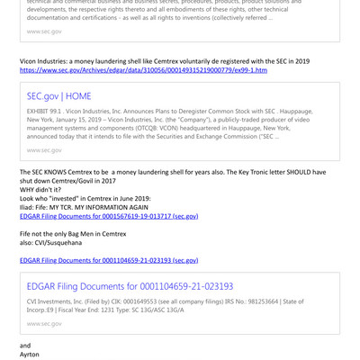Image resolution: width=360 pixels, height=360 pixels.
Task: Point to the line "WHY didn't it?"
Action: click(40, 190)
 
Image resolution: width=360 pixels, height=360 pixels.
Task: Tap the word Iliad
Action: click(28, 208)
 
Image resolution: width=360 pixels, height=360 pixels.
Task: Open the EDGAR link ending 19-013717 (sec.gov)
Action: click(109, 217)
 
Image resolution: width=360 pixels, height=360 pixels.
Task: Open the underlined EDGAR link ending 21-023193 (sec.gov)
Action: click(109, 260)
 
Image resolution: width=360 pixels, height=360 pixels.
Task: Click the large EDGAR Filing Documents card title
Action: click(130, 285)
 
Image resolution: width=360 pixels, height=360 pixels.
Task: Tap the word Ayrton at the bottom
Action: click(31, 355)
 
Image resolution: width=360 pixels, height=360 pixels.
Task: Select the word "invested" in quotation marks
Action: click(78, 199)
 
